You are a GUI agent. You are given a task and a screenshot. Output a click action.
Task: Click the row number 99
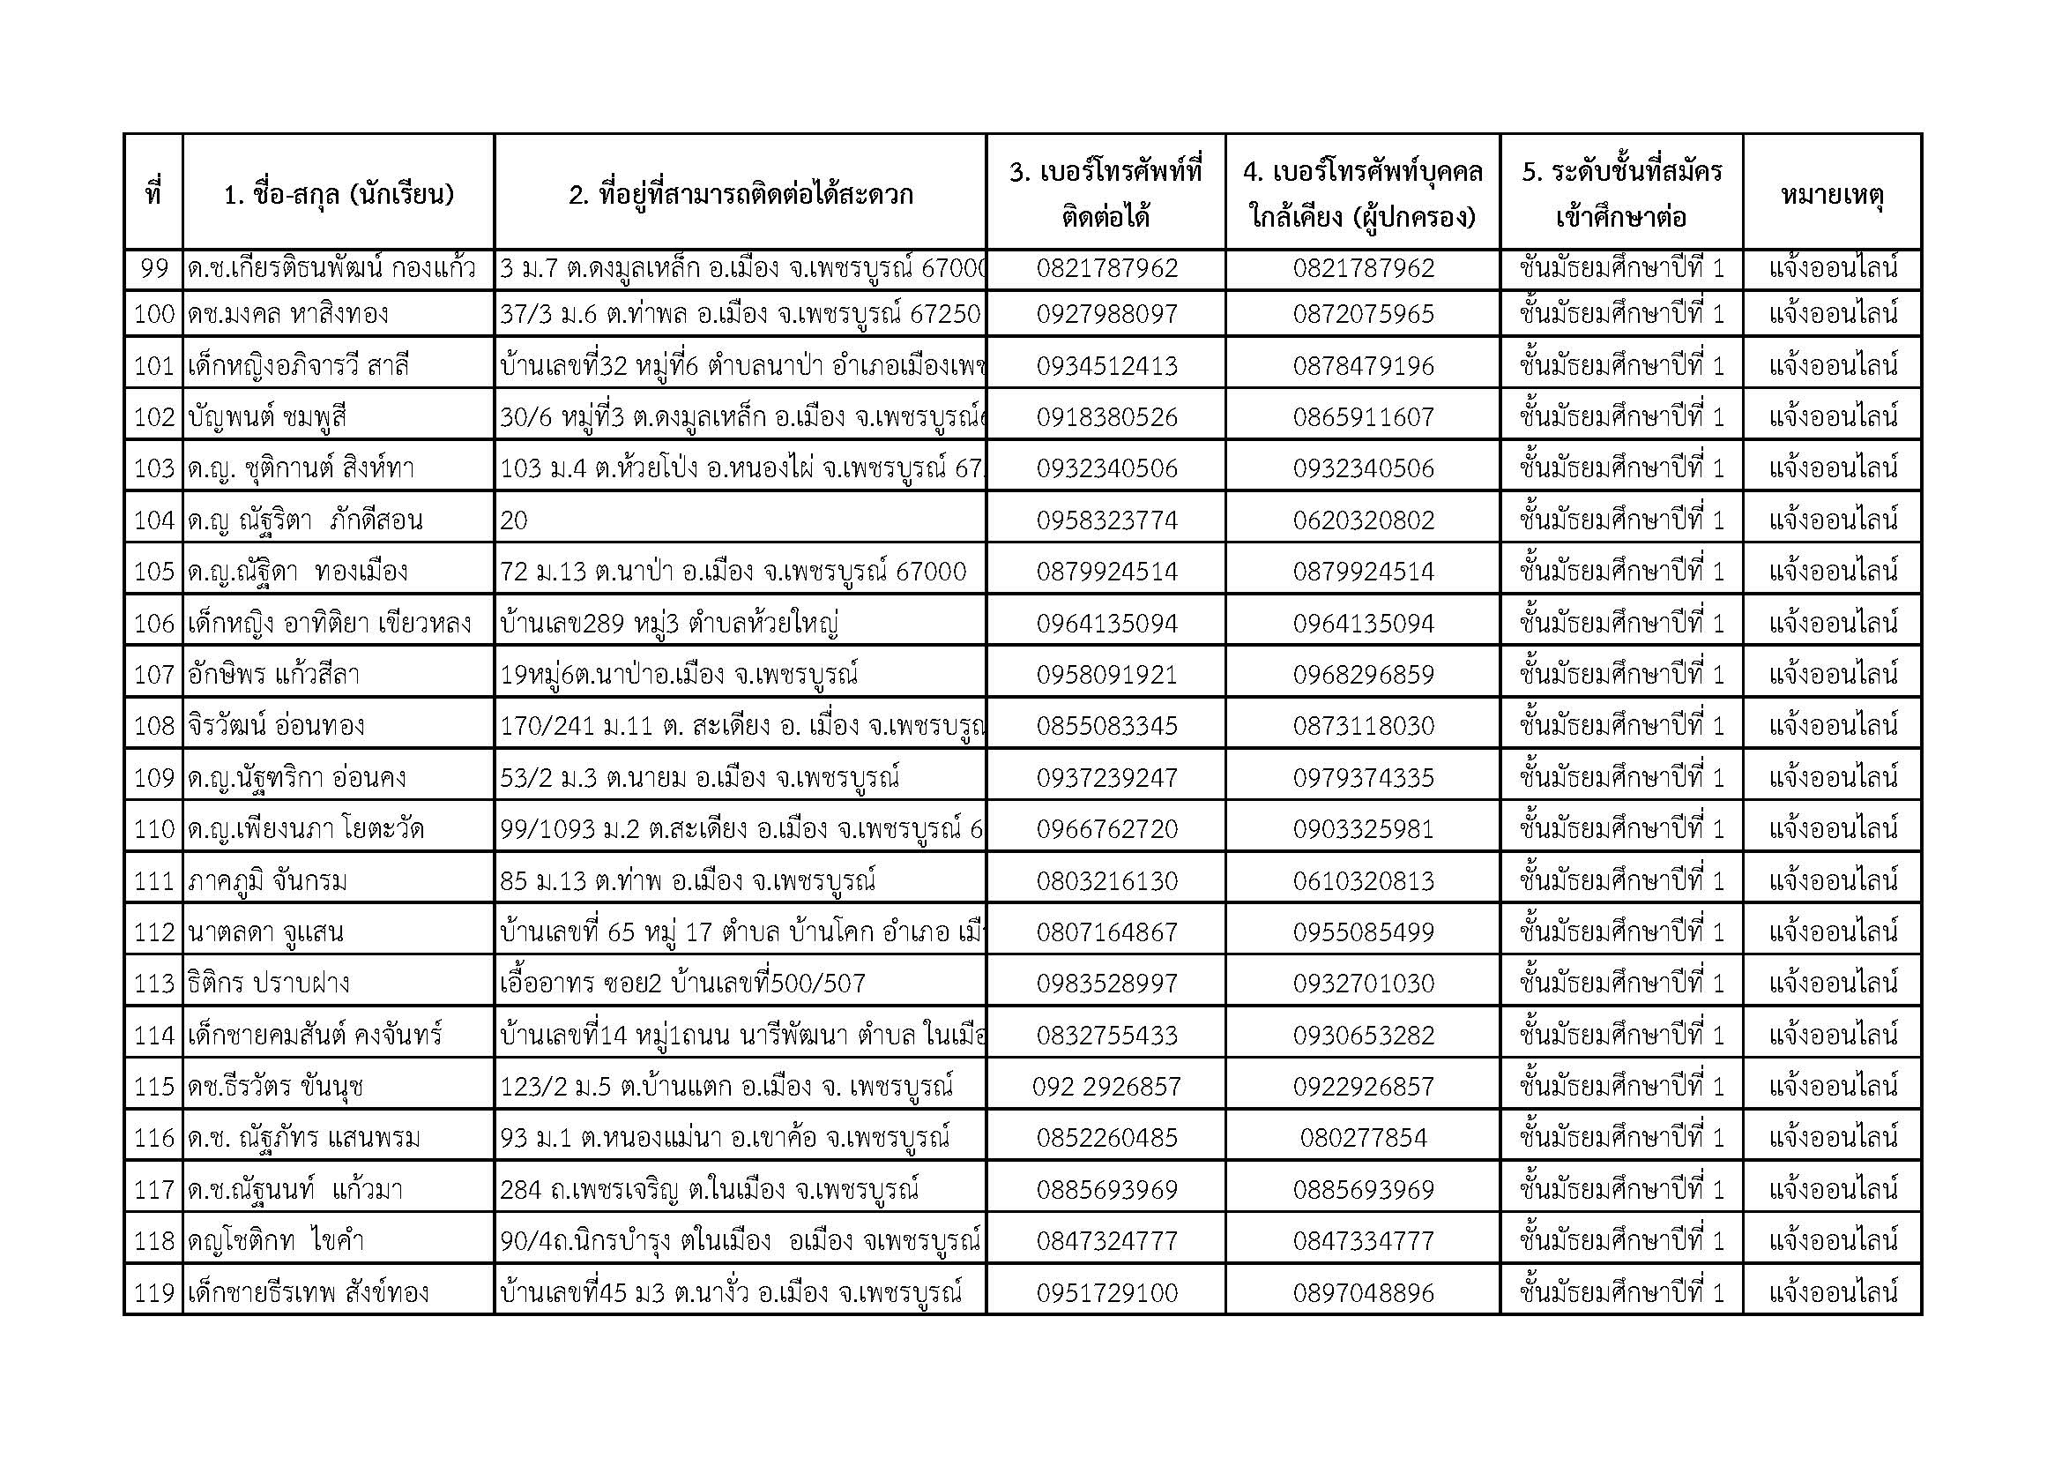click(x=154, y=269)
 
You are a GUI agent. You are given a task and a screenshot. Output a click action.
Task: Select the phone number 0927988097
click(x=1106, y=314)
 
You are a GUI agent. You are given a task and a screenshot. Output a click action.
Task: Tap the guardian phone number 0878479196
click(x=1363, y=366)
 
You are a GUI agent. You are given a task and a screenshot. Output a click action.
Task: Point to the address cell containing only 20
click(x=515, y=520)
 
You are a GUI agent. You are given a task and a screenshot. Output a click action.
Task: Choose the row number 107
click(x=153, y=675)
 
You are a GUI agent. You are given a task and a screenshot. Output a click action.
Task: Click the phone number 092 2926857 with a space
click(x=1106, y=1087)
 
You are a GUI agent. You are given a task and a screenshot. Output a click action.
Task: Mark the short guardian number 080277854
click(x=1363, y=1138)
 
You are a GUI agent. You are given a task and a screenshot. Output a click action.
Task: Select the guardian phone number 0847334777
click(x=1363, y=1242)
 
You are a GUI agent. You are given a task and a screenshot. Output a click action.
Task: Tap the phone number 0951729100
click(x=1106, y=1293)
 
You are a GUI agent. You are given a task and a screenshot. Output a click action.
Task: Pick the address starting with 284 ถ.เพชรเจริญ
click(x=710, y=1190)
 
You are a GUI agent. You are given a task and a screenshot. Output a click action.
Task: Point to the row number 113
click(x=153, y=984)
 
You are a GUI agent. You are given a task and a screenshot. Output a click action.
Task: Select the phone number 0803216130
click(x=1106, y=880)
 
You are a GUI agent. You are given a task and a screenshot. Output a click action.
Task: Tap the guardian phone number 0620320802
click(x=1363, y=520)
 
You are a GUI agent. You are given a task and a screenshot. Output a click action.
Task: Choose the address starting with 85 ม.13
click(x=687, y=880)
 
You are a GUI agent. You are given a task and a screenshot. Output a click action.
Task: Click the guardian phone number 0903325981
click(x=1363, y=829)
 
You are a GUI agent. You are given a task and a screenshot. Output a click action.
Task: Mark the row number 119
click(x=153, y=1293)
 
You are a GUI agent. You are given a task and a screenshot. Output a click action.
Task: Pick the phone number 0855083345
click(x=1106, y=726)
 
